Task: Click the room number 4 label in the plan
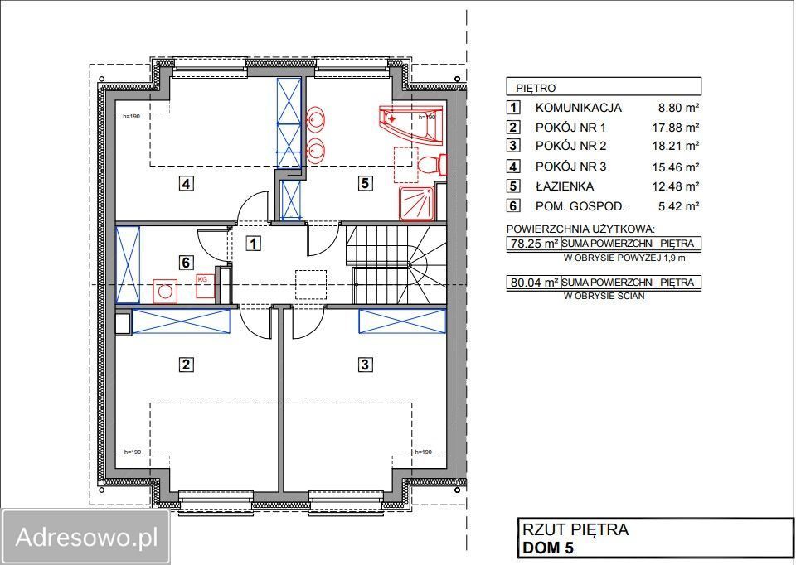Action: tap(187, 184)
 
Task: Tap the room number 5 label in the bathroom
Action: tap(366, 184)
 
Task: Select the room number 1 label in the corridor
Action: tap(254, 243)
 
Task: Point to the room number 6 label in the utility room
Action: tap(187, 263)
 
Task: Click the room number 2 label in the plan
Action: tap(187, 364)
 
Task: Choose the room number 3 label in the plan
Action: tap(365, 364)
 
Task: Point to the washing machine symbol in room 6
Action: tap(167, 292)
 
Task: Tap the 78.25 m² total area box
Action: tap(532, 244)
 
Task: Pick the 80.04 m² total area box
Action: tap(532, 282)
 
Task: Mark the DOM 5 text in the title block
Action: tap(548, 548)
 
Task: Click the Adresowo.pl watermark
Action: tap(86, 537)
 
